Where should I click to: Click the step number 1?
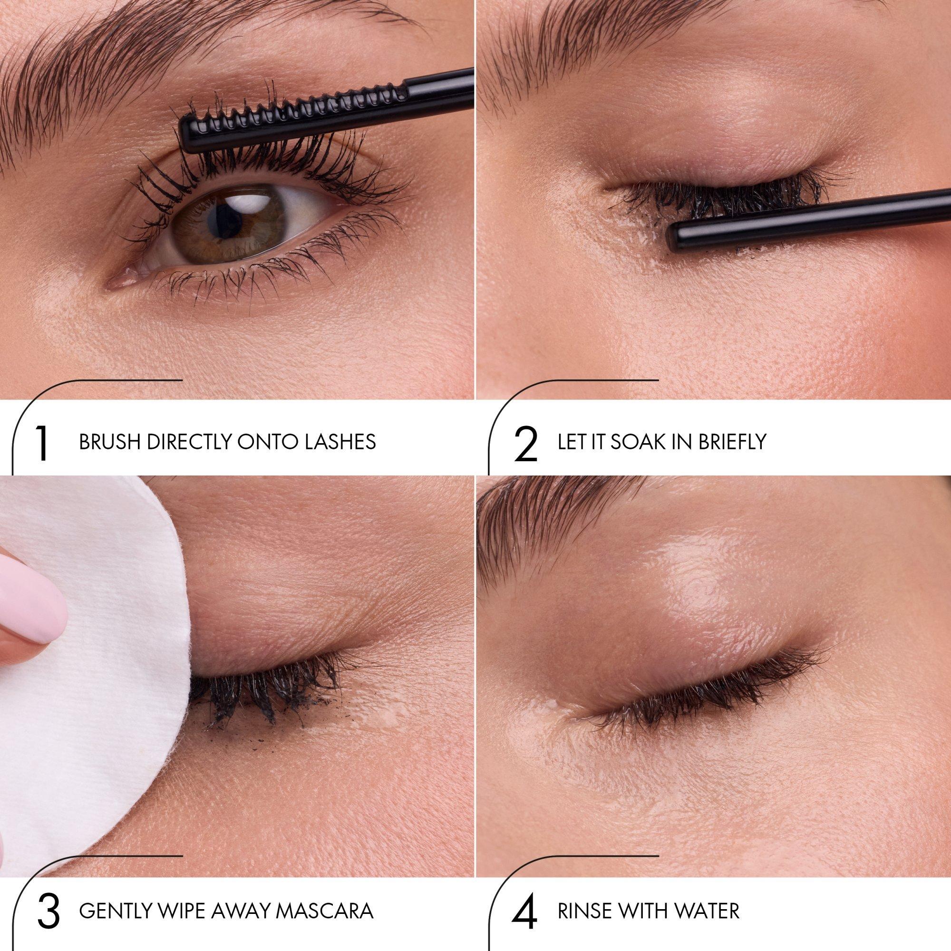(42, 442)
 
